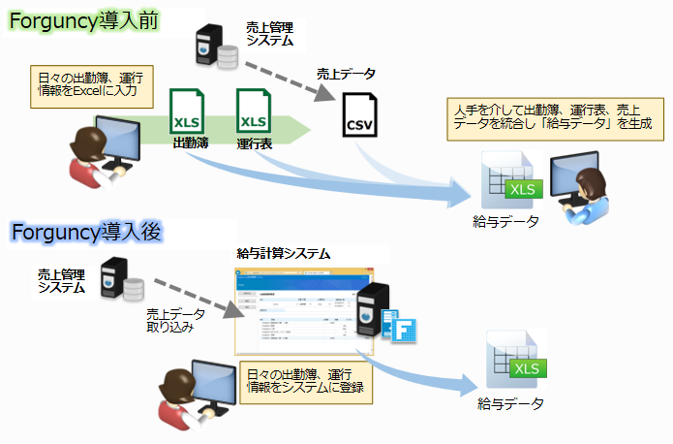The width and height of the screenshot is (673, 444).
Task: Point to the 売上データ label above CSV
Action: point(346,74)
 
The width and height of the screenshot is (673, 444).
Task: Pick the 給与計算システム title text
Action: point(283,253)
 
